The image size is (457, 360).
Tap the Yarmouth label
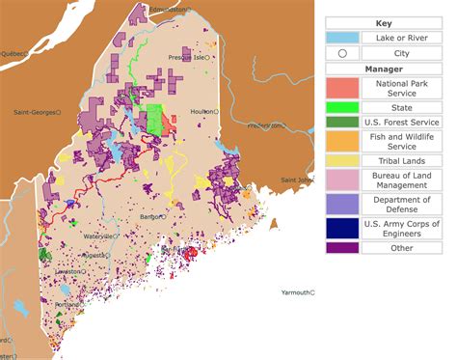[x=295, y=291]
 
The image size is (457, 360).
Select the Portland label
[x=67, y=304]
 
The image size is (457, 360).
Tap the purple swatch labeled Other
[x=342, y=247]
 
